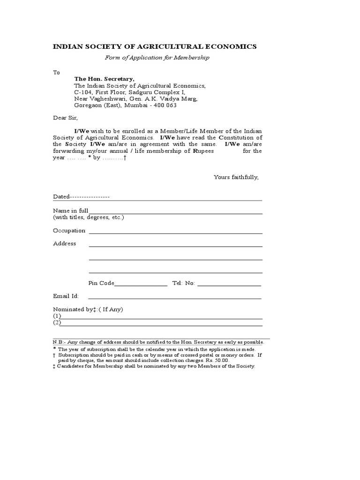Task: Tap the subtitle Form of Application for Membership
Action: [x=157, y=58]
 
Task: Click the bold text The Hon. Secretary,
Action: [x=104, y=79]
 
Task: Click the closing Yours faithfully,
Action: [x=236, y=178]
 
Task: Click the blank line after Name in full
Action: [x=175, y=213]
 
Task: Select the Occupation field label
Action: [x=69, y=231]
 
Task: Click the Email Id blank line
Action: [x=174, y=298]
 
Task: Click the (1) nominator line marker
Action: [x=57, y=316]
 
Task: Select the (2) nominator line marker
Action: [x=57, y=323]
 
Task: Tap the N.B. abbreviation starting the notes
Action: [x=58, y=342]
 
